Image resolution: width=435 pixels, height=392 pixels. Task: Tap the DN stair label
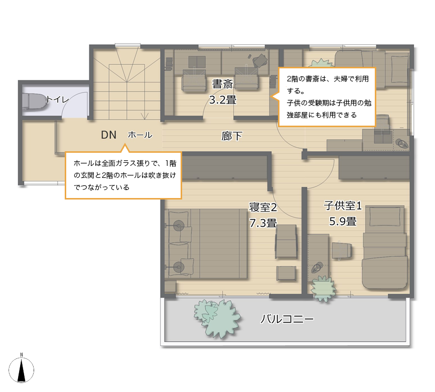click(108, 135)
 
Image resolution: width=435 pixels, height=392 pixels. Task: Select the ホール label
click(140, 135)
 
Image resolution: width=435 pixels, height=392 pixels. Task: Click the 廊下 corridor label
click(232, 136)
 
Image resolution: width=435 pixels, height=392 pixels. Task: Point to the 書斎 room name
click(222, 84)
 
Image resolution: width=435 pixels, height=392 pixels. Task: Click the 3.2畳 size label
click(222, 100)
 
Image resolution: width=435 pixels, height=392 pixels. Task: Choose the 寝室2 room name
click(263, 207)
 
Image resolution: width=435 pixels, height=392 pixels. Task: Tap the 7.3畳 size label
click(263, 223)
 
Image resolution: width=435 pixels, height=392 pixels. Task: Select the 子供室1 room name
click(343, 206)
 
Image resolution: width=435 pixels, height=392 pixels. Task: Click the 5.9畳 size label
click(343, 222)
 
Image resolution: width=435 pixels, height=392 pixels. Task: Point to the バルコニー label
click(287, 319)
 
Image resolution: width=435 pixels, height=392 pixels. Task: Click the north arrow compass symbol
click(22, 369)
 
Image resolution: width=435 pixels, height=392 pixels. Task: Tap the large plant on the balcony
click(218, 318)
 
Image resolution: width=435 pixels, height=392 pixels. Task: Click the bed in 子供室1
click(385, 247)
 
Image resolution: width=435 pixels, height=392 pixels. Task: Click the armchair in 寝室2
click(286, 241)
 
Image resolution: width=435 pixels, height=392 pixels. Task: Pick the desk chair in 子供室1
click(342, 251)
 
